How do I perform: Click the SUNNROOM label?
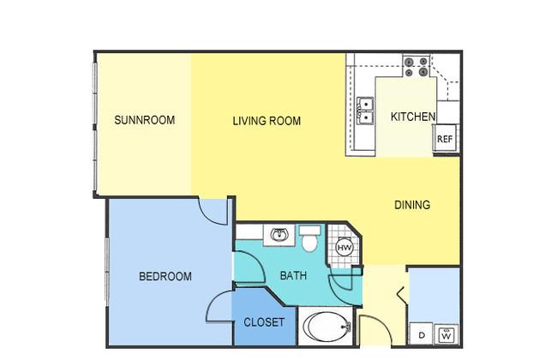pyautogui.click(x=145, y=120)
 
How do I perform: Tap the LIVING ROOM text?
pyautogui.click(x=267, y=121)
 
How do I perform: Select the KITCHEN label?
pyautogui.click(x=413, y=117)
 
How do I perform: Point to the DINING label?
pyautogui.click(x=412, y=205)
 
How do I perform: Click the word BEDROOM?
pyautogui.click(x=165, y=276)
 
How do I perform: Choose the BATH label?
pyautogui.click(x=293, y=275)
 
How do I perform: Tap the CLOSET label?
pyautogui.click(x=264, y=322)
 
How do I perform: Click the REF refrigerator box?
pyautogui.click(x=445, y=139)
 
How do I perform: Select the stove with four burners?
pyautogui.click(x=416, y=67)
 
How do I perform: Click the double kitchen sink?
pyautogui.click(x=365, y=111)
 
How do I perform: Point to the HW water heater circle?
pyautogui.click(x=344, y=248)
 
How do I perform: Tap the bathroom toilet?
pyautogui.click(x=309, y=238)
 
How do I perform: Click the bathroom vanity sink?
pyautogui.click(x=278, y=235)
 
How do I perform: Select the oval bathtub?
pyautogui.click(x=327, y=327)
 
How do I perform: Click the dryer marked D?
pyautogui.click(x=422, y=334)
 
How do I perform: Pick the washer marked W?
pyautogui.click(x=446, y=334)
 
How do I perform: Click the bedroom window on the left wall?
pyautogui.click(x=107, y=272)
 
